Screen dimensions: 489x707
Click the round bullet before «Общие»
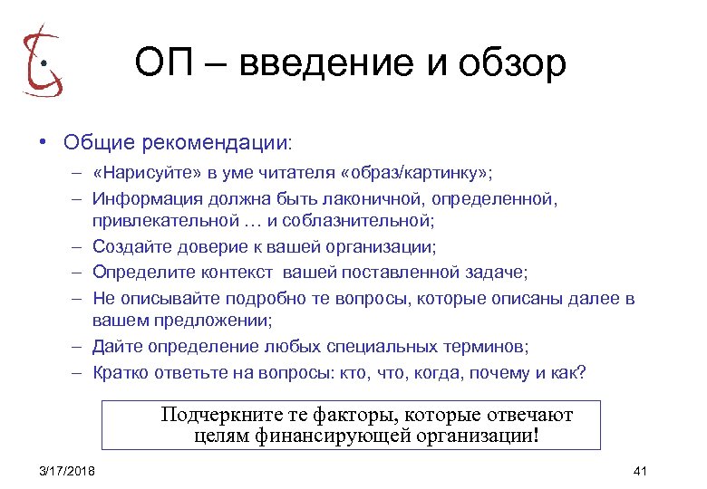[x=42, y=143]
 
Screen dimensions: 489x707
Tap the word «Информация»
[x=150, y=197]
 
